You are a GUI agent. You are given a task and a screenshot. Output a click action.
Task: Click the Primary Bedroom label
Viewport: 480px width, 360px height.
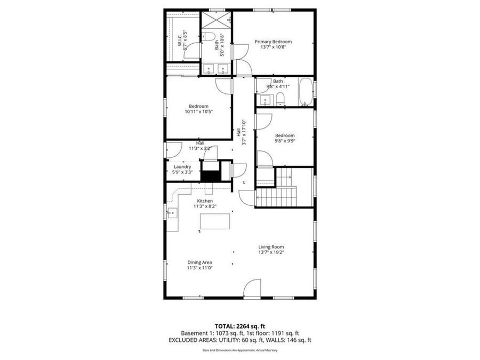click(273, 42)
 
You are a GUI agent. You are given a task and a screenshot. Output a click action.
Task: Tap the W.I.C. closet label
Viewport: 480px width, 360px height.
click(180, 41)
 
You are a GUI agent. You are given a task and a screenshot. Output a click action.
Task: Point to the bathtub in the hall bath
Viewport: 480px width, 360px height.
click(306, 92)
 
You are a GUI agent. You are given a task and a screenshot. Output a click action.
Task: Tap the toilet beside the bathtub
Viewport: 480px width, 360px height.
click(280, 98)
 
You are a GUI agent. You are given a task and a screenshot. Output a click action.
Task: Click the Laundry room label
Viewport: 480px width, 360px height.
click(182, 166)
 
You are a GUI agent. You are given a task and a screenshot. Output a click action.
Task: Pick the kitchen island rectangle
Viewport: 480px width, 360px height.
click(215, 221)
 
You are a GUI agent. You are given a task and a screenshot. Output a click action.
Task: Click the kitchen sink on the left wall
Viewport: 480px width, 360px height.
click(172, 214)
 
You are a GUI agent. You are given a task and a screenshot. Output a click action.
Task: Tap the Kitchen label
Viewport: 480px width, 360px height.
click(205, 201)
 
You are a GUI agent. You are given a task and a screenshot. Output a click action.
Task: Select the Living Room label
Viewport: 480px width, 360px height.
click(271, 247)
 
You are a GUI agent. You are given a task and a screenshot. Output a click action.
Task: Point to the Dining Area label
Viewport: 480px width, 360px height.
click(199, 262)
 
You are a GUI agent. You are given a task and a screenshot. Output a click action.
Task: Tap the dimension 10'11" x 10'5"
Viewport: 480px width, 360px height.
click(198, 112)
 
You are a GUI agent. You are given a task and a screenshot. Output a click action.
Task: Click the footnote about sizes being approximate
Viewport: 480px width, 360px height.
click(239, 350)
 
